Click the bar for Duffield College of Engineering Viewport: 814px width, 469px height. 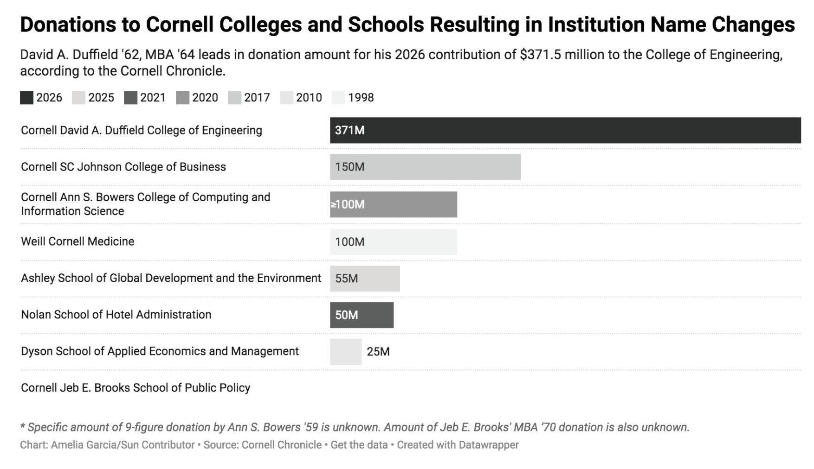[565, 130]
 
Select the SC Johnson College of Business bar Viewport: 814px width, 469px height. [425, 167]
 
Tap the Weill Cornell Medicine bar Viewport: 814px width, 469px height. [394, 242]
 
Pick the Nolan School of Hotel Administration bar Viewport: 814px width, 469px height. [362, 315]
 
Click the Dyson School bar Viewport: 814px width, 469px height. [346, 352]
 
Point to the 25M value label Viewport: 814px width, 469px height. [378, 352]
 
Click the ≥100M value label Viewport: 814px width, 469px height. [348, 204]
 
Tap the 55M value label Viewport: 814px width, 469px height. [347, 279]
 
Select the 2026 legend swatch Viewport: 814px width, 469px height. [26, 98]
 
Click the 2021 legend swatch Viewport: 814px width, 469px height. [130, 98]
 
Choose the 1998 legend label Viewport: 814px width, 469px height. [361, 98]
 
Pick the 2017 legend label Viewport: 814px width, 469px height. [257, 98]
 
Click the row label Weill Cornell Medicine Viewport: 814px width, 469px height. [78, 241]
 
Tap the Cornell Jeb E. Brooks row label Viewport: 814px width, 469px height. [136, 388]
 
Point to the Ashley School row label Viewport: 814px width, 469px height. [171, 278]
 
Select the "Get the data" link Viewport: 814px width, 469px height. [359, 445]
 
